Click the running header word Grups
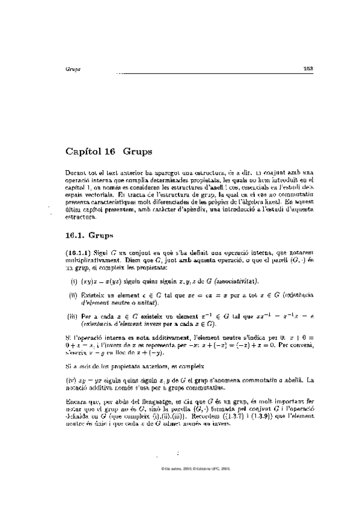coord(72,69)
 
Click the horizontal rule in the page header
coord(210,73)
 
